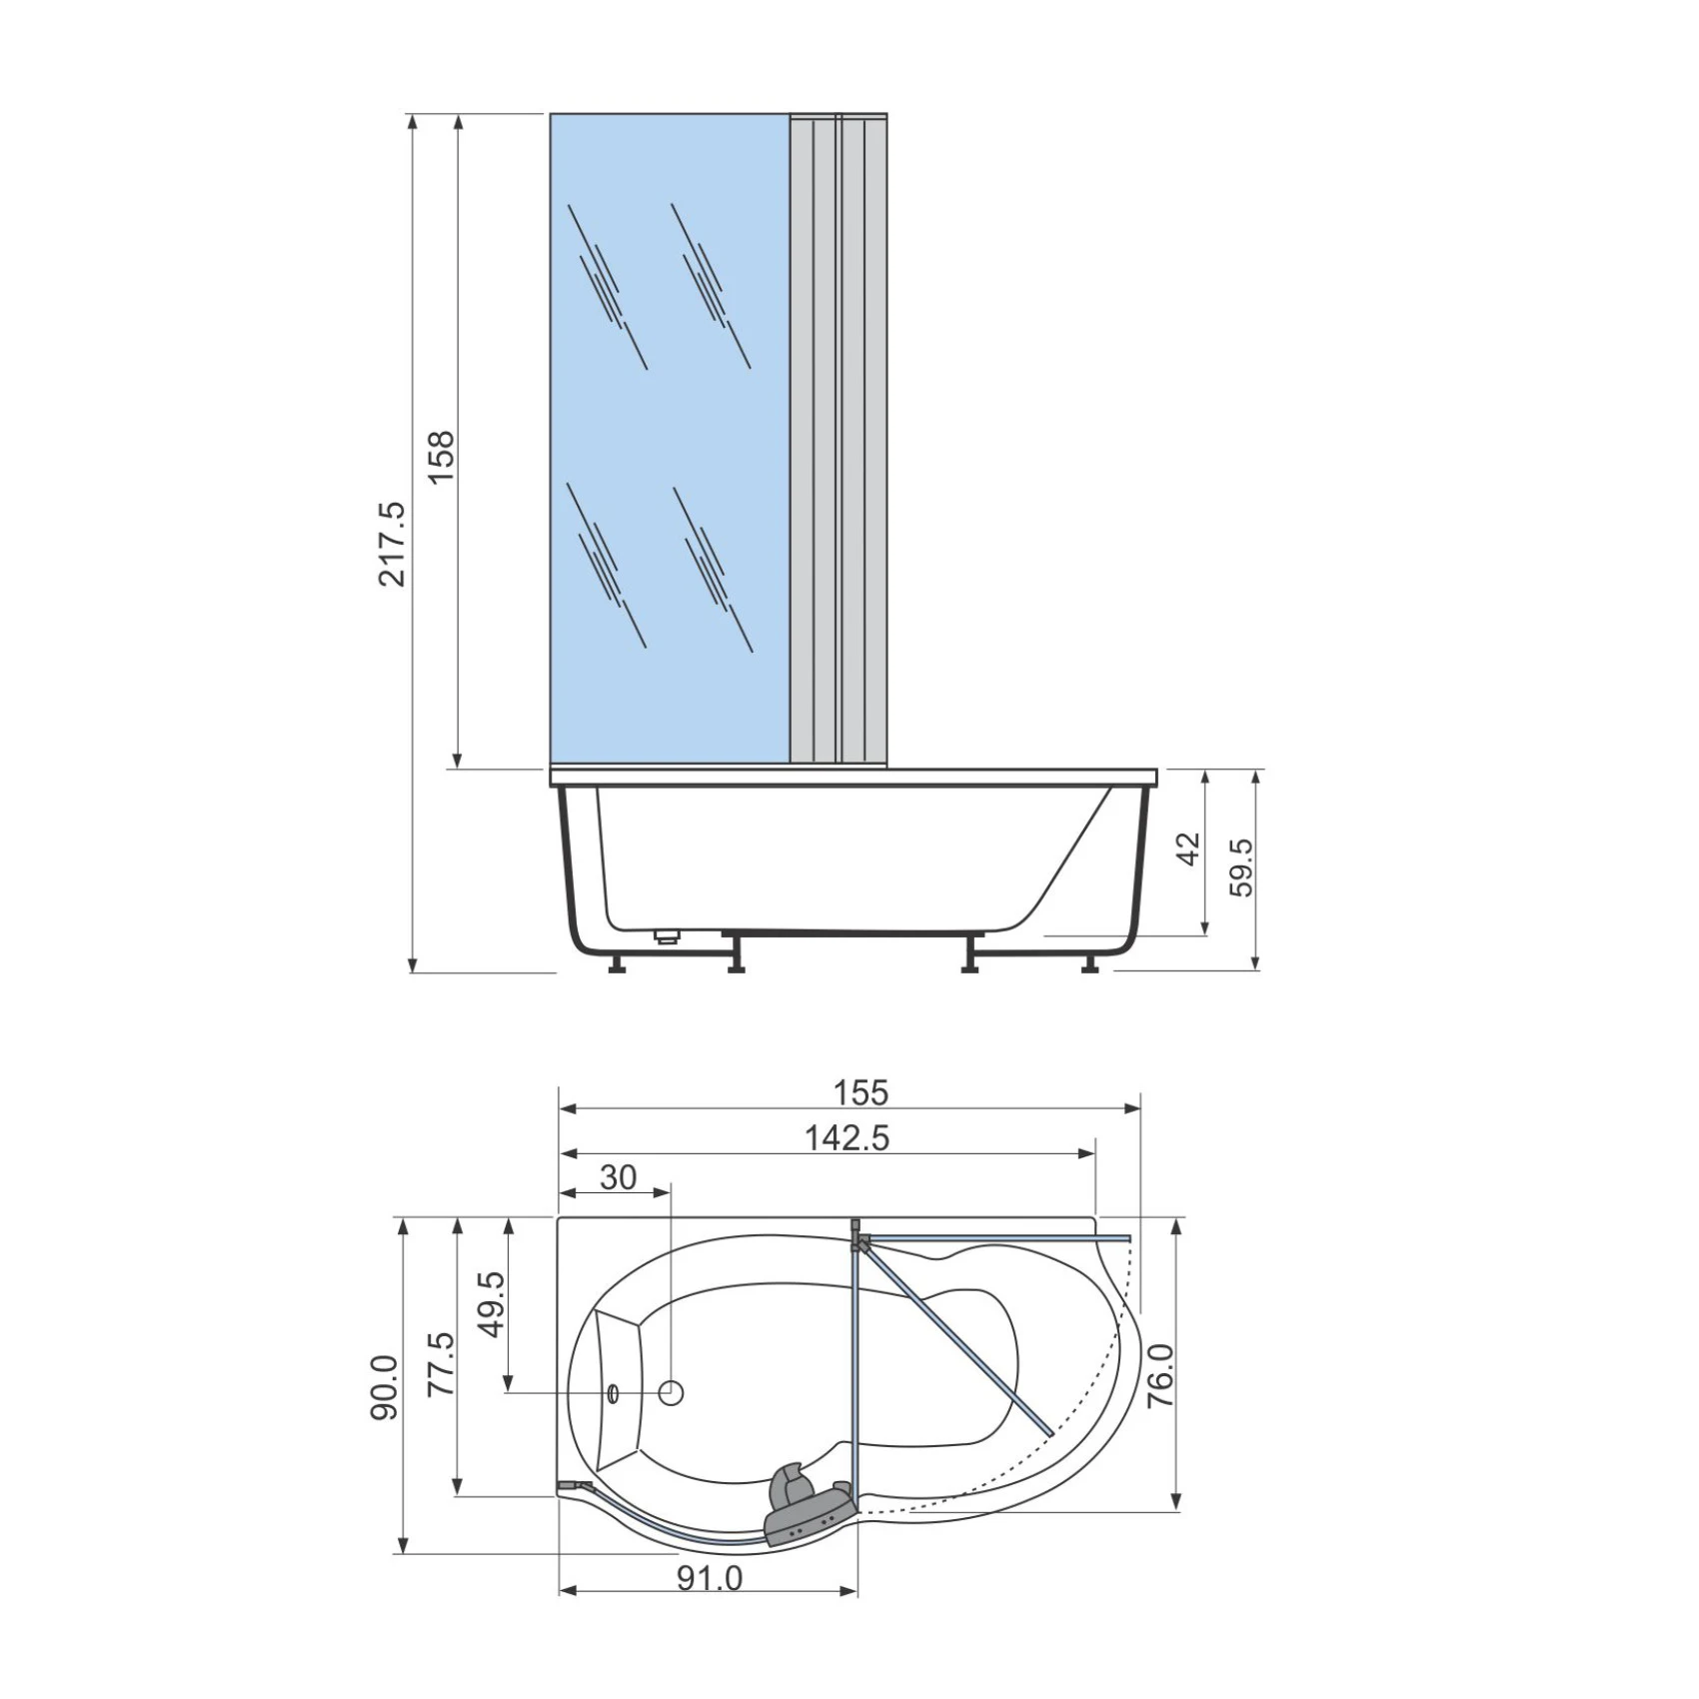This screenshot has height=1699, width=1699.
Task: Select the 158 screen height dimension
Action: coord(441,457)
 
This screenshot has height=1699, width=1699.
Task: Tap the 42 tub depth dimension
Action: coord(1189,849)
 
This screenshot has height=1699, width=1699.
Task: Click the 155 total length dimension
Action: coord(861,1092)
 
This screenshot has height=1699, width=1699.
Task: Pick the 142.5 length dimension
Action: coord(847,1137)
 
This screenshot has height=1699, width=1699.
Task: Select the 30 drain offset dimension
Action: coord(618,1177)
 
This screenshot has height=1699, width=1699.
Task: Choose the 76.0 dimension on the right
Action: coord(1159,1376)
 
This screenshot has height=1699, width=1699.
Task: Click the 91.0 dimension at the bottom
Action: coord(710,1578)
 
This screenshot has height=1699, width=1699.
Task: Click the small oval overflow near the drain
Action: coord(614,1392)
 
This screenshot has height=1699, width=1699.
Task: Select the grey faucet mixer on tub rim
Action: coord(805,1512)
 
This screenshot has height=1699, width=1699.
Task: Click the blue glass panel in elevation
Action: coord(670,440)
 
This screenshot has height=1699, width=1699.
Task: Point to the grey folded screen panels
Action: coord(839,440)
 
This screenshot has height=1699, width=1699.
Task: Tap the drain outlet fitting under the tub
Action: coord(667,936)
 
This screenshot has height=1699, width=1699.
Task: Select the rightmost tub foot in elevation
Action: coord(1090,965)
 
